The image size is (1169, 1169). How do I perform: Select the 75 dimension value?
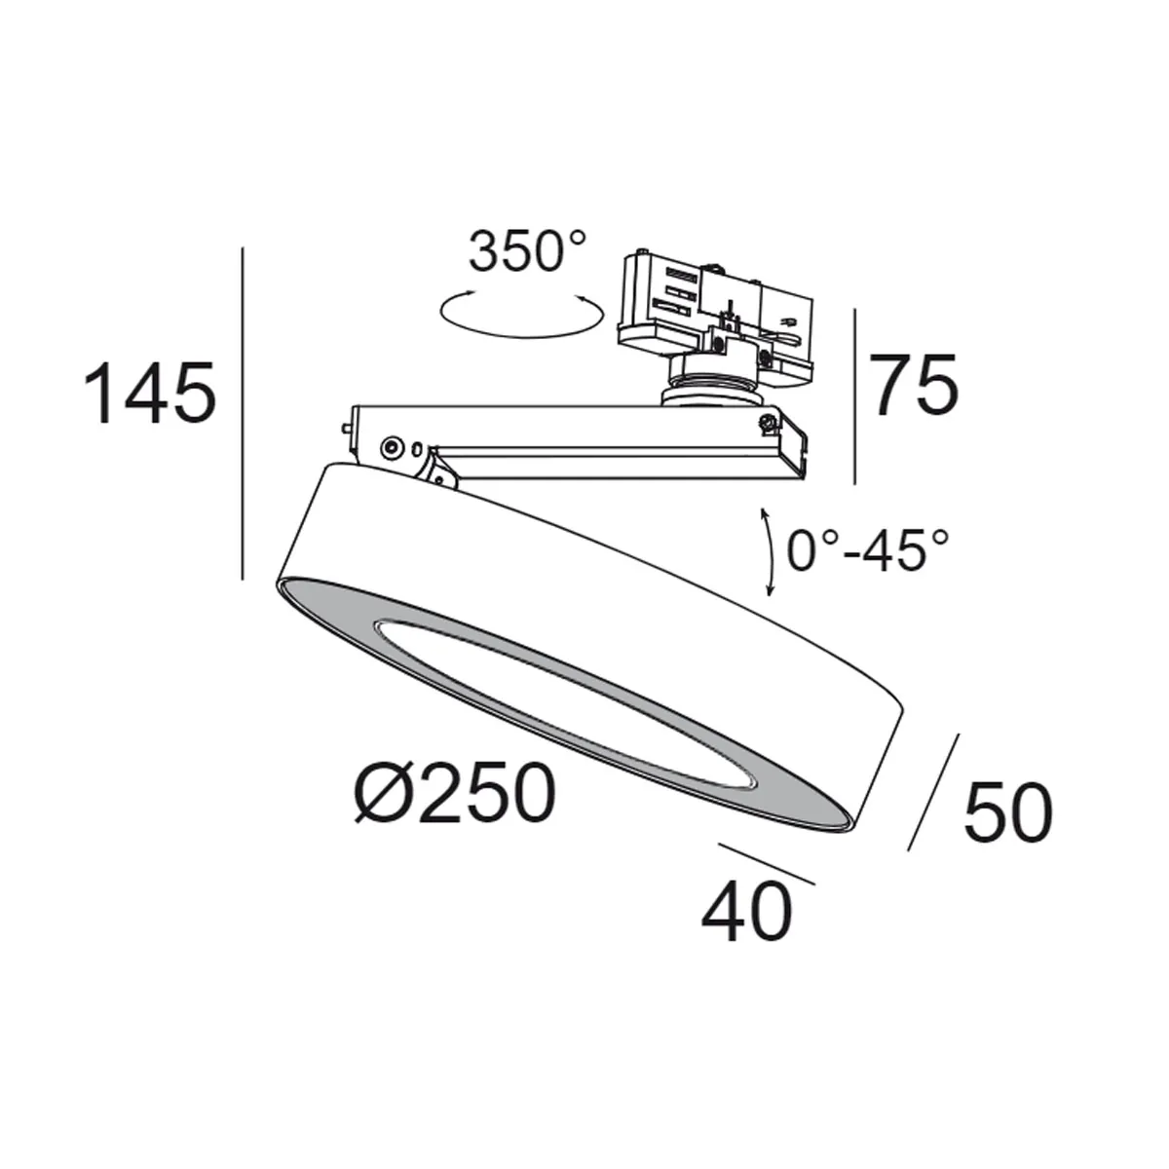(913, 386)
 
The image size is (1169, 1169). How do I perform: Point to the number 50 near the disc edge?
(1007, 812)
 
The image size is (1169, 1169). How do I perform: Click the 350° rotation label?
(528, 251)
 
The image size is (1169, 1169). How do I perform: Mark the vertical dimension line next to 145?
(242, 414)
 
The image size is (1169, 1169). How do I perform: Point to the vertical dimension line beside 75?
(854, 396)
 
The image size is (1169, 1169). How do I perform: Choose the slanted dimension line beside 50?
(933, 791)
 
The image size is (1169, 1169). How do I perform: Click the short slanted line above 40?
(766, 863)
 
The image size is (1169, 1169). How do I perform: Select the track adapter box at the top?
(716, 302)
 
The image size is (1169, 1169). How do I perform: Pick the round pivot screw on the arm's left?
(391, 446)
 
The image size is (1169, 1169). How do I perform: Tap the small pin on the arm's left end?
(348, 426)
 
